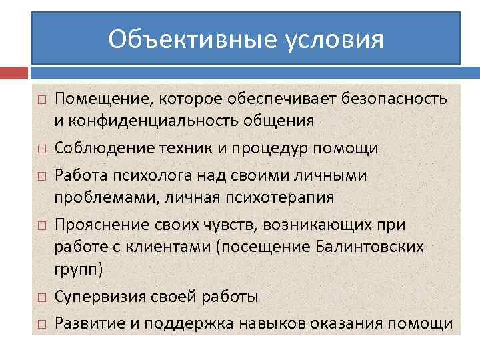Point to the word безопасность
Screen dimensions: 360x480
(394, 99)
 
